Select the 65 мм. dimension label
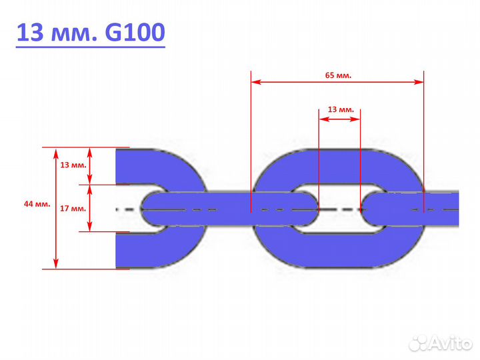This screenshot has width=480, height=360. pyautogui.click(x=338, y=75)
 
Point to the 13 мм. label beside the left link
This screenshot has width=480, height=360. pyautogui.click(x=73, y=164)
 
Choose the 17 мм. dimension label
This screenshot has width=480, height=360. pyautogui.click(x=73, y=209)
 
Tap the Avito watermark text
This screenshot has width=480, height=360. pyautogui.click(x=449, y=343)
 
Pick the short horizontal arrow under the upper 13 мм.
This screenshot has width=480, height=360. pyautogui.click(x=340, y=119)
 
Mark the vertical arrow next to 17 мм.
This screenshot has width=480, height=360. pyautogui.click(x=91, y=209)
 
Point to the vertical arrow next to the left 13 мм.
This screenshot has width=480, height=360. pyautogui.click(x=91, y=165)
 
